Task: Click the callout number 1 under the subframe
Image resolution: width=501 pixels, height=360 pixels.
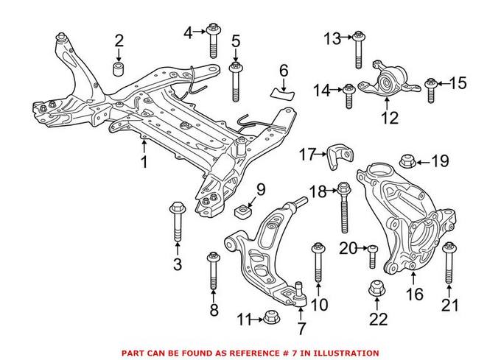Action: tap(144, 161)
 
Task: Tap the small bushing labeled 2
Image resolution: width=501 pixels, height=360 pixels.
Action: tap(119, 70)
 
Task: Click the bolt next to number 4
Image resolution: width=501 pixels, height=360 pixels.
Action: tap(213, 40)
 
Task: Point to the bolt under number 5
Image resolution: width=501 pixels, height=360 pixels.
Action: tap(236, 82)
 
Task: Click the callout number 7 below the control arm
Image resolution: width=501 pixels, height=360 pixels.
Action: tap(300, 328)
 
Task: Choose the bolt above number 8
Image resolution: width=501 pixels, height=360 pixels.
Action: tap(214, 272)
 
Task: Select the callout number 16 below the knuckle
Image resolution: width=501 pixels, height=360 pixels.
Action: tap(414, 295)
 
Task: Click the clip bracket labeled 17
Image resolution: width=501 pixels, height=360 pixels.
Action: tap(340, 155)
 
